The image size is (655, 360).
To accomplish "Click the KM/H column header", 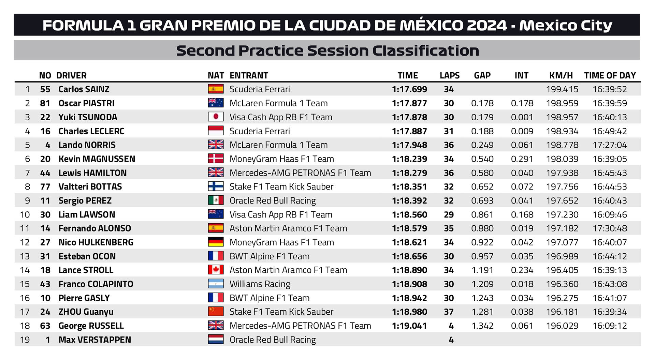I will (x=561, y=75).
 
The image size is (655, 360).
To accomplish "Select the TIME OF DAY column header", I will (x=610, y=75).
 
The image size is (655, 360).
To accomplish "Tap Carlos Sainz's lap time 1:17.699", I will (x=409, y=89).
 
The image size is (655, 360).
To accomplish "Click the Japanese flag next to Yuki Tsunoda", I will (x=216, y=117).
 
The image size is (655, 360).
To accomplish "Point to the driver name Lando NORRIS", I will (x=87, y=145).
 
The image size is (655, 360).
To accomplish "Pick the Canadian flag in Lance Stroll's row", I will (x=216, y=270).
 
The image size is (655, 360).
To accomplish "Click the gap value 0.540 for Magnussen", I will (x=482, y=159).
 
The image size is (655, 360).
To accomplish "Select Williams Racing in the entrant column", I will (x=260, y=284).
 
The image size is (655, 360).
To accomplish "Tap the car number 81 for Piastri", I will (x=45, y=103).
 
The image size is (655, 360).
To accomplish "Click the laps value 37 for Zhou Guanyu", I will (x=449, y=312).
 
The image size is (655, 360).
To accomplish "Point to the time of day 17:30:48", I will (x=610, y=228).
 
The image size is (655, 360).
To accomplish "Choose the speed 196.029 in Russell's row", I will (x=562, y=326).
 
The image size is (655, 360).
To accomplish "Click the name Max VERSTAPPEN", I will (x=94, y=340).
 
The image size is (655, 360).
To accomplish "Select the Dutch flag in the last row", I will (x=216, y=340).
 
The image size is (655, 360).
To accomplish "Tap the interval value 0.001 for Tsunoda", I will (x=522, y=117).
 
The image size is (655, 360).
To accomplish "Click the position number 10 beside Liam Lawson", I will (x=25, y=215).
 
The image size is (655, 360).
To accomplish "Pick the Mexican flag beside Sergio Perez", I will (x=216, y=200).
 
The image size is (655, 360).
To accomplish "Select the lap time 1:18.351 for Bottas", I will (x=409, y=187).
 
